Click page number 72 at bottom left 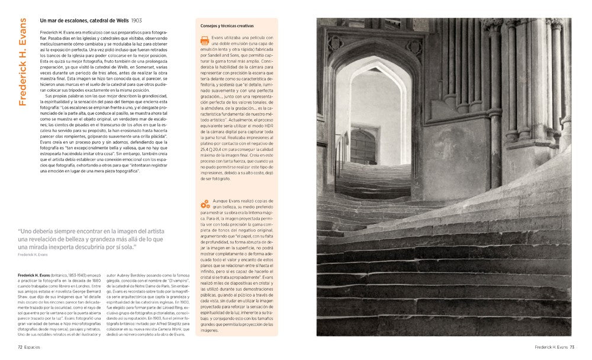pos(21,348)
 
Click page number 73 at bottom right pos(572,348)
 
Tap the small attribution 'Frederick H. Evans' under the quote pos(34,254)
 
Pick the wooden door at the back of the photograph pos(363,147)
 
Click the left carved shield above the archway pos(335,43)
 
